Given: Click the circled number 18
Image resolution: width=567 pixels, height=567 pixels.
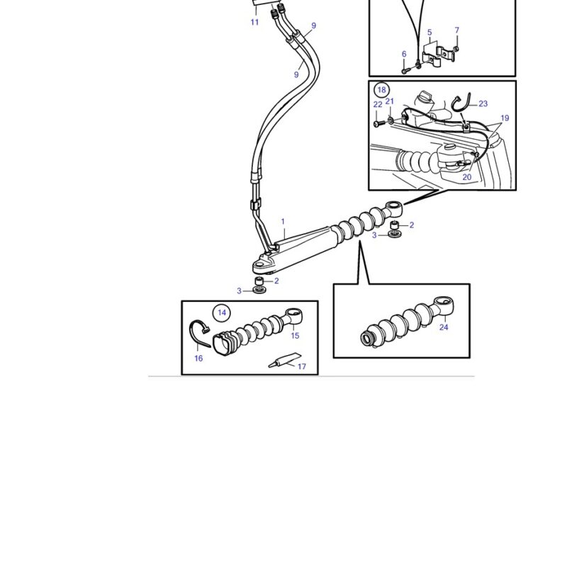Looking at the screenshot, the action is [x=382, y=90].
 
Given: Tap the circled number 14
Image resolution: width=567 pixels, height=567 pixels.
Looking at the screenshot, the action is [x=222, y=313].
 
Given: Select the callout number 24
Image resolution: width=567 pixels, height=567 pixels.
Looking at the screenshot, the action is [x=444, y=327].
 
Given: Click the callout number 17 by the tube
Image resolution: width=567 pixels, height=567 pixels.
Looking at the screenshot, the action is [x=302, y=366].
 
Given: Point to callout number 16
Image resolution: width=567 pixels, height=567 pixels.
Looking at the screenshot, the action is [x=198, y=359].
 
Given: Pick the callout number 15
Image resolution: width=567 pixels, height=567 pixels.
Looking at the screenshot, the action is [x=295, y=335].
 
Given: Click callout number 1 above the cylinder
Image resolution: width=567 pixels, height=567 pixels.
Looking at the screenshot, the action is [x=283, y=221].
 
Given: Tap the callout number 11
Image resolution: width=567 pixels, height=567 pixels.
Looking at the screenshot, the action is [x=254, y=22].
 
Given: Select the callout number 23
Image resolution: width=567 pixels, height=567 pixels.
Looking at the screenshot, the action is [x=483, y=103].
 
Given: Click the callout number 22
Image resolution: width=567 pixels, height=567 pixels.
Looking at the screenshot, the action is [x=378, y=104].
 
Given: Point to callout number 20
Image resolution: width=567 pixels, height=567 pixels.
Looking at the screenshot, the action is [x=467, y=177].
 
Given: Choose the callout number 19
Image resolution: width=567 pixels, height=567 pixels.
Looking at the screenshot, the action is [x=505, y=118].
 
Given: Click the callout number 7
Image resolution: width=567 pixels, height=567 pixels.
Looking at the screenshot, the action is [x=457, y=30].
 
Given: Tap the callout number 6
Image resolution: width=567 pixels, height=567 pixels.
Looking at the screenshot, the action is [x=404, y=54].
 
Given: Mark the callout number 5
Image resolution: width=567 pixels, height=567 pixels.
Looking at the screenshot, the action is [x=430, y=32].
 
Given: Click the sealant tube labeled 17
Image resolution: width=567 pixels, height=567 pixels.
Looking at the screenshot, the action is [x=285, y=360].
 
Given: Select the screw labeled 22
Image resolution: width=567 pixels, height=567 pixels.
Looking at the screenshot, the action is [x=378, y=123].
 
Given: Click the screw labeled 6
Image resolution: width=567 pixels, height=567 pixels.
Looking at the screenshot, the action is [x=404, y=71].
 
